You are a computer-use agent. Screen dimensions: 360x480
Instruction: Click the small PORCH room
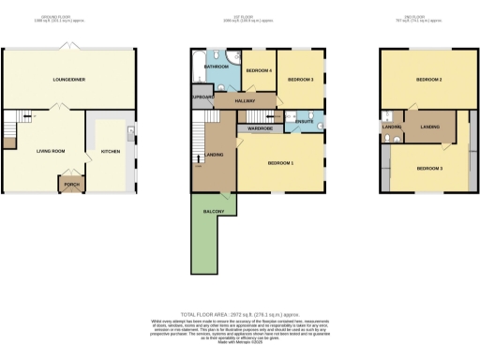(x=70, y=184)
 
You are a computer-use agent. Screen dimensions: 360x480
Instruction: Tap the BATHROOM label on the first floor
(x=217, y=67)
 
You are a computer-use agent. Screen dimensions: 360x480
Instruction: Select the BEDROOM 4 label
(x=259, y=70)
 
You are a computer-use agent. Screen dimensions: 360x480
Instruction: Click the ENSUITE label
(x=305, y=121)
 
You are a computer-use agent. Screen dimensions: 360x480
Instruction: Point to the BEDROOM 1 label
(x=280, y=163)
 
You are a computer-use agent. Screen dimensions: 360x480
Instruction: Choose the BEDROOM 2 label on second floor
(x=428, y=80)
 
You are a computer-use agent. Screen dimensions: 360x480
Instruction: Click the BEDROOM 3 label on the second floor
(x=428, y=168)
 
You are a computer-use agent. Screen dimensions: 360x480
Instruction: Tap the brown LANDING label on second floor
(x=430, y=125)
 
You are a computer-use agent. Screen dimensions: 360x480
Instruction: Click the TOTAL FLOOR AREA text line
(x=239, y=316)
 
